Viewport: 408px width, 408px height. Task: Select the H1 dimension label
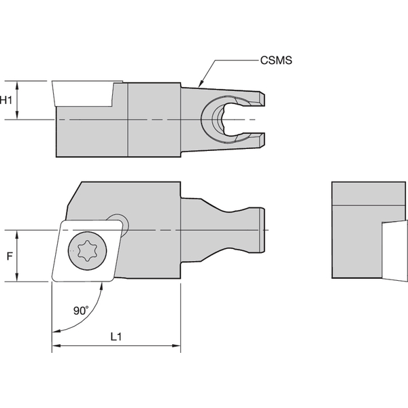click(x=7, y=100)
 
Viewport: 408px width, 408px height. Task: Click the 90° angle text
click(x=81, y=310)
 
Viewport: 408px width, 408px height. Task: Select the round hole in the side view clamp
click(x=222, y=120)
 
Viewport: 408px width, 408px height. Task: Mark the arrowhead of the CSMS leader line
click(x=199, y=85)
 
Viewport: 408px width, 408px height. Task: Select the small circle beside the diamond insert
click(x=118, y=222)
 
